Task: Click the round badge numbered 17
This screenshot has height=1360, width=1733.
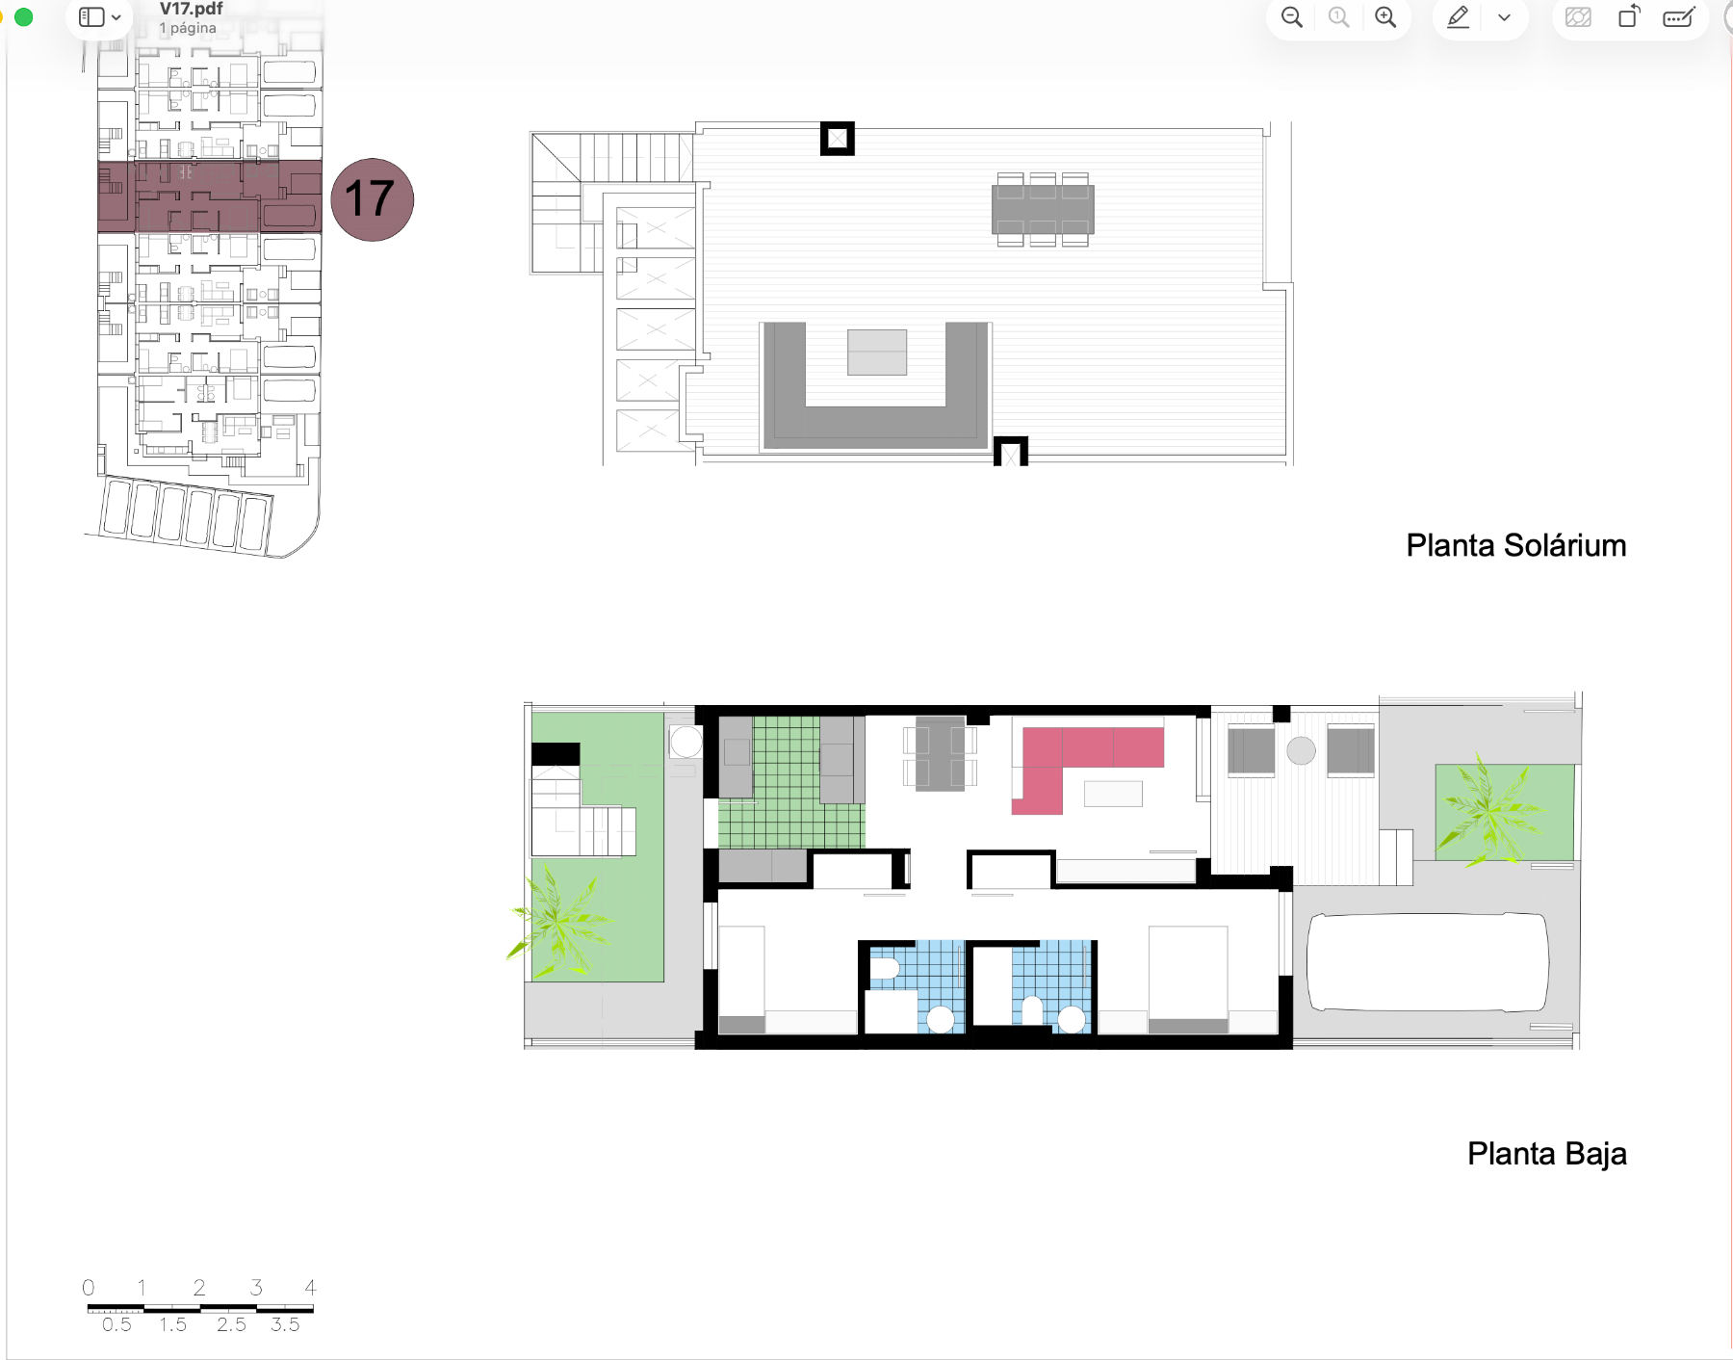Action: (373, 199)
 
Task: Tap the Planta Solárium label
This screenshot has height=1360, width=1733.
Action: (1515, 545)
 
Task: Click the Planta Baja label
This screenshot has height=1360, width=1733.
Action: (1546, 1154)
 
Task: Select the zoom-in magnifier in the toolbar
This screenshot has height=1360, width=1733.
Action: (1385, 17)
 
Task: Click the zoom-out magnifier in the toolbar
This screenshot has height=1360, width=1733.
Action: (1292, 17)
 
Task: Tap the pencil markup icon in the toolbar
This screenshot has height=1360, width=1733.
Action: (1458, 17)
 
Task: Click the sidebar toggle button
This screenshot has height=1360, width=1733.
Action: (99, 17)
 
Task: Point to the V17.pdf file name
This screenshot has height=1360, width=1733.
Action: (191, 9)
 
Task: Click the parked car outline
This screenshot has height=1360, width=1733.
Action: (1427, 962)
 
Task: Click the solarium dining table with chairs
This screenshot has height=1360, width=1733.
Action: (1043, 209)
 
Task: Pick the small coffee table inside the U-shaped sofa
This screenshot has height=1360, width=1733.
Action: (877, 352)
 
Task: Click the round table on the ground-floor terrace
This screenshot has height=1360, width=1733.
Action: (1301, 750)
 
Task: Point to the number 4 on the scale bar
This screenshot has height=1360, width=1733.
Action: (310, 1287)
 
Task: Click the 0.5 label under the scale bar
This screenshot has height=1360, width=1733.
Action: (116, 1324)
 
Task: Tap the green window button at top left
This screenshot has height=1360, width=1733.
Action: (24, 16)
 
